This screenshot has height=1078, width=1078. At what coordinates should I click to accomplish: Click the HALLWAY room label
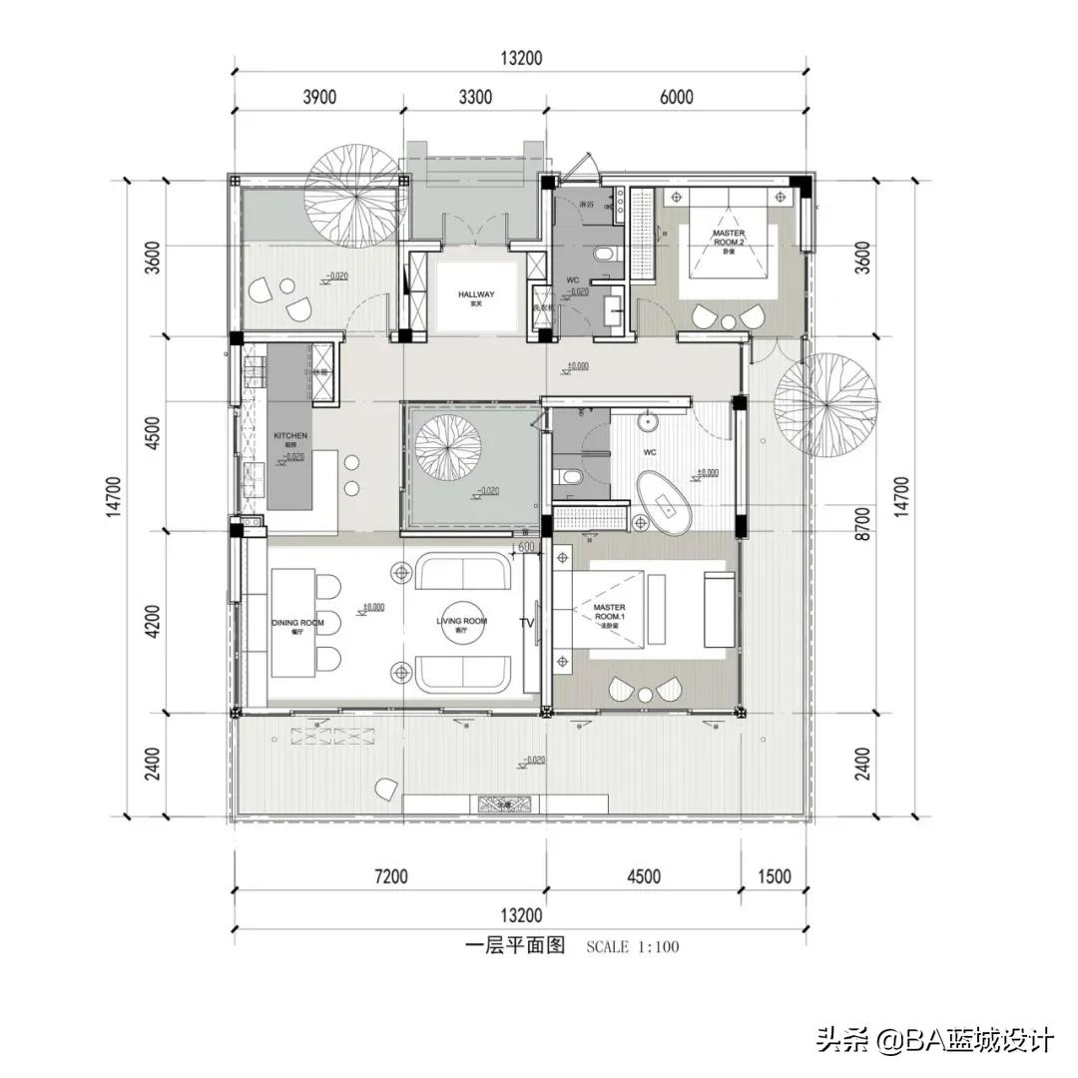point(476,295)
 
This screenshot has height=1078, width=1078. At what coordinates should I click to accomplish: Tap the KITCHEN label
point(290,437)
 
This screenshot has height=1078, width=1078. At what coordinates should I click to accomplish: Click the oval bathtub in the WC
point(667,500)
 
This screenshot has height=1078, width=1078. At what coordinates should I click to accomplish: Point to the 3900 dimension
point(318,97)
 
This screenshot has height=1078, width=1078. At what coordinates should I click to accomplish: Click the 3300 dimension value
point(475,97)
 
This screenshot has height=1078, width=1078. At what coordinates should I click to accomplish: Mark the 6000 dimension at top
point(676,97)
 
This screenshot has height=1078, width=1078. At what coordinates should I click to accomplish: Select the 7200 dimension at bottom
point(390,876)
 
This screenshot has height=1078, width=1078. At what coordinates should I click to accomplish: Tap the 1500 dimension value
point(775,876)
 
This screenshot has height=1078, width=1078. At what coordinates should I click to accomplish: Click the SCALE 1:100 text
point(632,946)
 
